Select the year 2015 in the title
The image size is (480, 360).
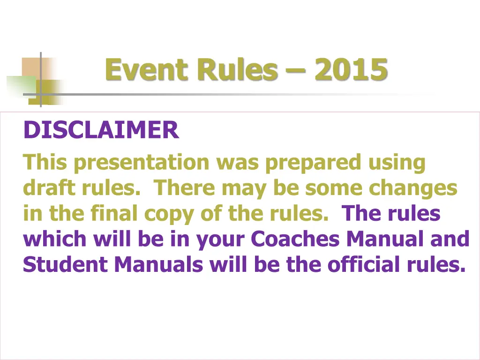click(351, 70)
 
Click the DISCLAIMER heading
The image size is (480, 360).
click(101, 130)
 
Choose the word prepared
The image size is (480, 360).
click(313, 163)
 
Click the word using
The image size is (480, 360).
click(397, 163)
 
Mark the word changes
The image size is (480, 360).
click(413, 188)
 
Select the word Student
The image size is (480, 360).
click(65, 265)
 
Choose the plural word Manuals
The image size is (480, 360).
click(159, 265)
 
